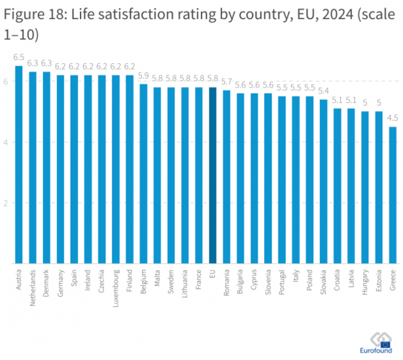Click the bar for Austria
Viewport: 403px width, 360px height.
[19, 165]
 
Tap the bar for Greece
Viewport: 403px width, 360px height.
[392, 195]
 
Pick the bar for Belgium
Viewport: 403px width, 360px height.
[143, 174]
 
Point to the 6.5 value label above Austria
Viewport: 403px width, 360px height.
[19, 57]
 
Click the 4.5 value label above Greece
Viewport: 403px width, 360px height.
[392, 118]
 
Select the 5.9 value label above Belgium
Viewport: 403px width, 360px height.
[143, 76]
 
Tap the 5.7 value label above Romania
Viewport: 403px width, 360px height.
[226, 81]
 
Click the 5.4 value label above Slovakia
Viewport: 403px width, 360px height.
[323, 90]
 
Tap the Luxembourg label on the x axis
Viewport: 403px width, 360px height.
[116, 286]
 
